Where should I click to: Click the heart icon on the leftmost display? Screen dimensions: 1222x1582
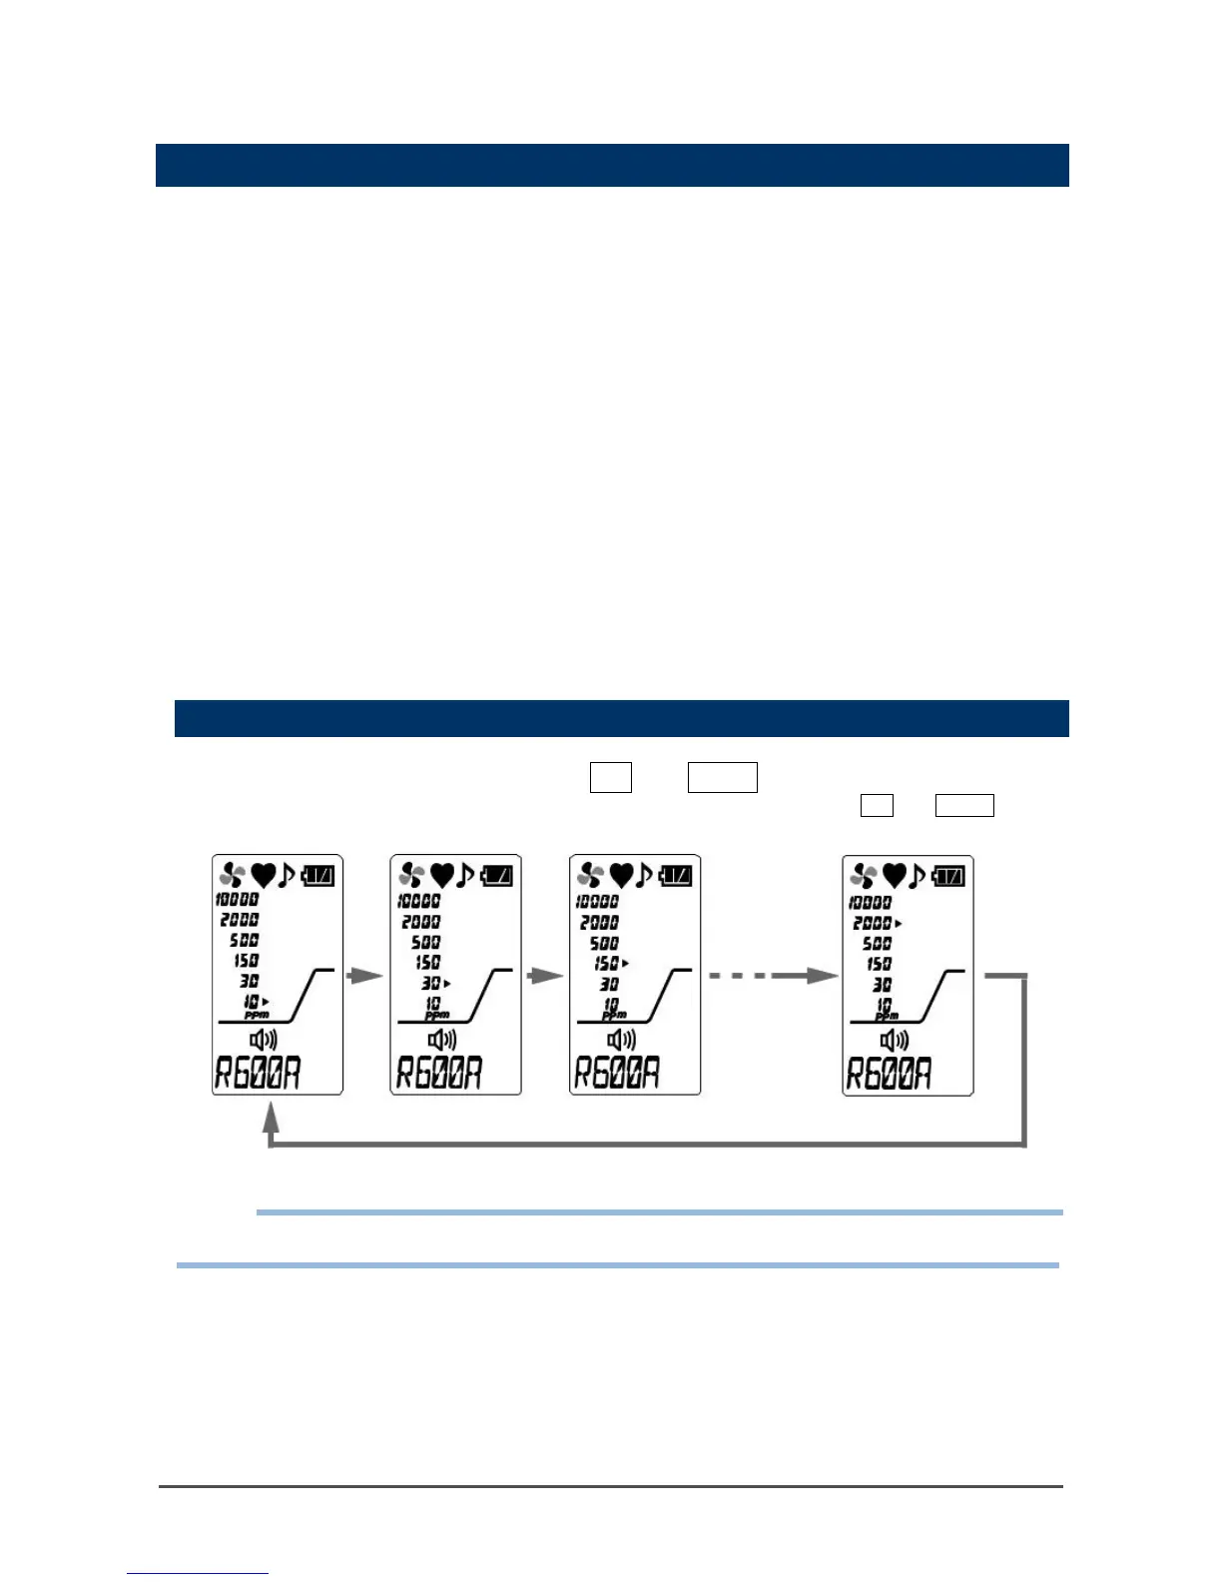click(x=264, y=876)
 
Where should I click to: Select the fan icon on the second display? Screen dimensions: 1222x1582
click(x=410, y=876)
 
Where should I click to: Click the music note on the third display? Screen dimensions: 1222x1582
click(x=645, y=876)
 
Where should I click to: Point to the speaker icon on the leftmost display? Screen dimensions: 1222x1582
click(x=263, y=1040)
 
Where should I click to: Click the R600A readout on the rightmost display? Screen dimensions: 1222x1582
click(x=889, y=1074)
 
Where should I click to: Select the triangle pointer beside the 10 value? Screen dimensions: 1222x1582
click(x=266, y=1001)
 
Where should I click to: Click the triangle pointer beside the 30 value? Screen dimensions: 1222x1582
click(x=447, y=984)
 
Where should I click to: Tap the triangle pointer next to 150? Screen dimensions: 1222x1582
click(x=625, y=964)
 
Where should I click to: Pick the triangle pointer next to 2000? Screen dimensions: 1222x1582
click(x=899, y=924)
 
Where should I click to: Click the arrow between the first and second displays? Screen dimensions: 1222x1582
click(x=365, y=976)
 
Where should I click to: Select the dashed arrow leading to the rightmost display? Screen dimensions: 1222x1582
click(x=773, y=976)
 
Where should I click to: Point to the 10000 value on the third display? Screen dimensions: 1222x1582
click(x=597, y=901)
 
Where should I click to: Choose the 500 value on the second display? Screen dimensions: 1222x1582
click(x=426, y=942)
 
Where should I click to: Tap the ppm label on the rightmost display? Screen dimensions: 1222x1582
click(x=887, y=1016)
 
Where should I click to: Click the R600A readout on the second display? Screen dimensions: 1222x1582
click(x=439, y=1074)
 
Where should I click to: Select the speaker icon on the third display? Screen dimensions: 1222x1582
click(x=621, y=1040)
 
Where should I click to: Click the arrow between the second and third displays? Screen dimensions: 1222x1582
click(x=545, y=976)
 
